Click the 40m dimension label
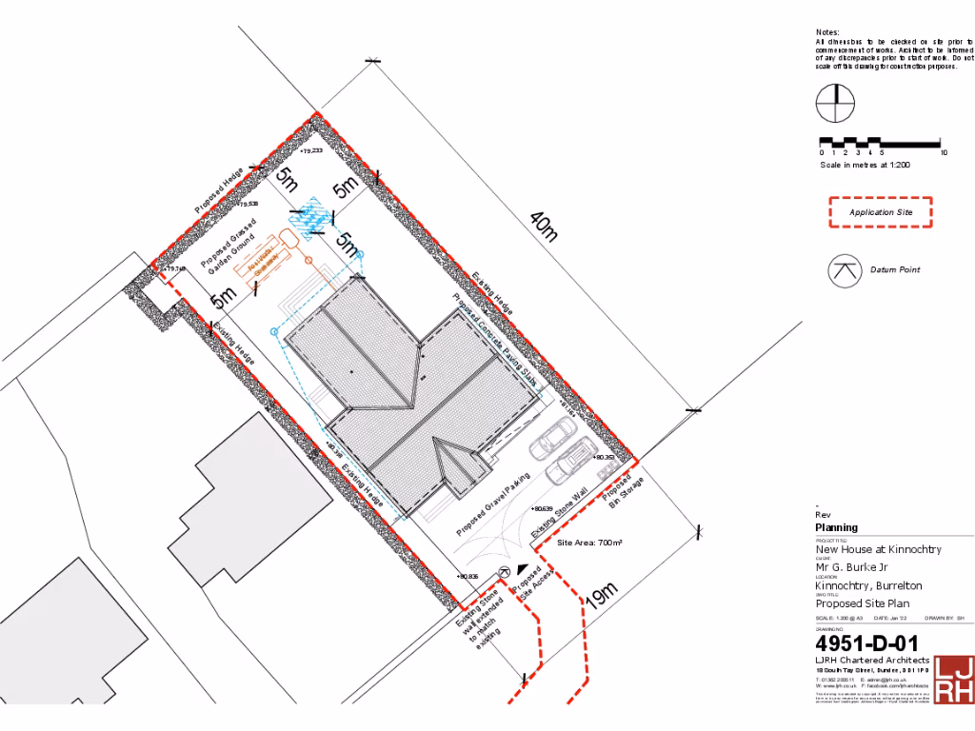[543, 227]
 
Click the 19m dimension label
[602, 595]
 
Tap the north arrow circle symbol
[836, 103]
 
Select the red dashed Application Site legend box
[881, 212]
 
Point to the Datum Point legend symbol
[844, 270]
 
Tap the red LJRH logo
[953, 680]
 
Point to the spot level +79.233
[310, 151]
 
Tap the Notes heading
[827, 32]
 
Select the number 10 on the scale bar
[943, 152]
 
